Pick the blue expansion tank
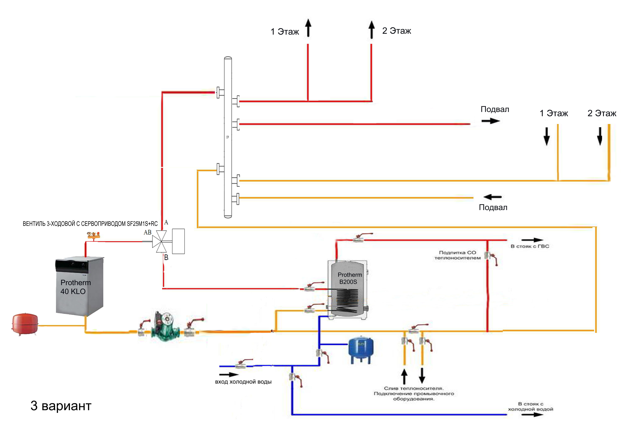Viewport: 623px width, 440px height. [x=361, y=349]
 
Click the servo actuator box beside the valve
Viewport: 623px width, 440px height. [x=178, y=241]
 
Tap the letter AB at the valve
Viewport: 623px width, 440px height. [x=147, y=232]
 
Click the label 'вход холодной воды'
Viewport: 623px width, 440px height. [x=243, y=382]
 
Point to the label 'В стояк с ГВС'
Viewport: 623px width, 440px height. [x=530, y=246]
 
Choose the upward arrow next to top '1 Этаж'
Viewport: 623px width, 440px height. [x=308, y=28]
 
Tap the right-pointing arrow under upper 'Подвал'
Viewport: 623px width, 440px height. [x=491, y=121]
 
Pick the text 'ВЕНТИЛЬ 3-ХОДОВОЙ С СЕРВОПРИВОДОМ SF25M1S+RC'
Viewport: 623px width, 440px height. [x=90, y=224]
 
